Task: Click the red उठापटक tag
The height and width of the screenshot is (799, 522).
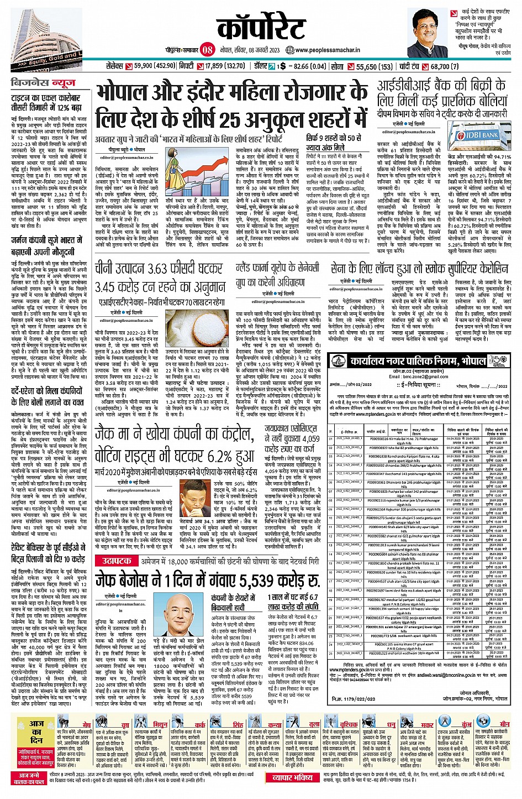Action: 114,561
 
